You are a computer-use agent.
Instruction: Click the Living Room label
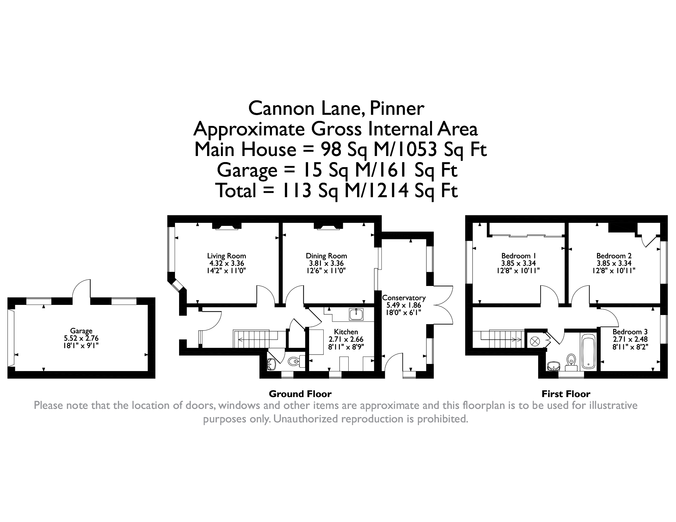click(226, 256)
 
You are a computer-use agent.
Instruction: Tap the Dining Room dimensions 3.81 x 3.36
click(326, 263)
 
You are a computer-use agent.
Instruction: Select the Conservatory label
click(404, 298)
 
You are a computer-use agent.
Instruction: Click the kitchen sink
click(356, 314)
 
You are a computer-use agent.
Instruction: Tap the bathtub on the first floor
click(589, 351)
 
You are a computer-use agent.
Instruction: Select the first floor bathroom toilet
click(571, 360)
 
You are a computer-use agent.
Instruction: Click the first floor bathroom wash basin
click(553, 366)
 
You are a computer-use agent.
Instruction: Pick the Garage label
click(81, 331)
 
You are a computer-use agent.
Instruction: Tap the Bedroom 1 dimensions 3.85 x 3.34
click(518, 263)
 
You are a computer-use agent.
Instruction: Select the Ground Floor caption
click(300, 394)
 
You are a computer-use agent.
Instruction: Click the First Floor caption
click(566, 394)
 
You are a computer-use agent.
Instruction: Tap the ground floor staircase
click(252, 339)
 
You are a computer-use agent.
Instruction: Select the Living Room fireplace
click(227, 227)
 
